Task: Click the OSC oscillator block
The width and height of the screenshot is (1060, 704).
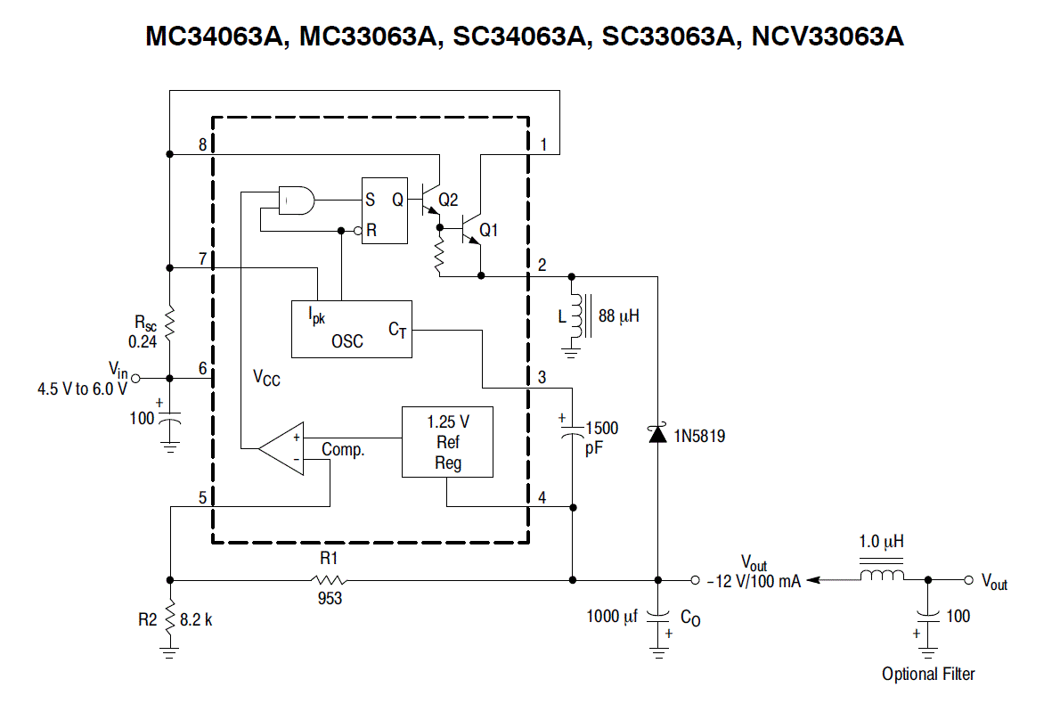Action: click(x=352, y=330)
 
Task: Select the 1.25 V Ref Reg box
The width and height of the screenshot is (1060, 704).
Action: click(x=447, y=442)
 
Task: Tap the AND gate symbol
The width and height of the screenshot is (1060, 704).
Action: click(x=297, y=201)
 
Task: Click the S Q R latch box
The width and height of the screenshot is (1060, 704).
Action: click(x=385, y=210)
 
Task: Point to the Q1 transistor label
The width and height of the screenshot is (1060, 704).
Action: click(x=488, y=231)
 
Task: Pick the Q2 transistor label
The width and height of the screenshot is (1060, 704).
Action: click(x=448, y=200)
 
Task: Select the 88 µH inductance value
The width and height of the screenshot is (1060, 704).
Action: click(x=618, y=316)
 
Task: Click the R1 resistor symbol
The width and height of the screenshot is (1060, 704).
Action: click(x=330, y=579)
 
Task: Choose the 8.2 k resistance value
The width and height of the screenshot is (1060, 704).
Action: click(x=196, y=619)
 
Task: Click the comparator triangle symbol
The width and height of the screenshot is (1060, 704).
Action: click(x=281, y=448)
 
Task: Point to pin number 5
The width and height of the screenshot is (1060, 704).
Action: click(x=202, y=498)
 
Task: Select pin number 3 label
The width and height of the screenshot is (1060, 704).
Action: click(x=542, y=377)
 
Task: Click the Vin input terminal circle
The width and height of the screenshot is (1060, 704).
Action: click(x=135, y=378)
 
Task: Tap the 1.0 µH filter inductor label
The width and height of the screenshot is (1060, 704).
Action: click(x=881, y=542)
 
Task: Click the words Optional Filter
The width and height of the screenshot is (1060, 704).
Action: click(x=928, y=674)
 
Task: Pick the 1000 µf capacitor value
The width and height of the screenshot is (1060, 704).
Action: click(x=612, y=616)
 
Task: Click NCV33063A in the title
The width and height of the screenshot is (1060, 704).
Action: click(x=828, y=37)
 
